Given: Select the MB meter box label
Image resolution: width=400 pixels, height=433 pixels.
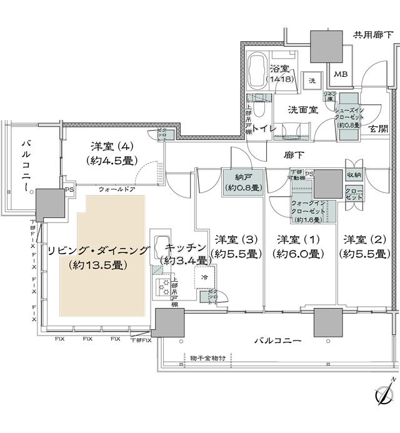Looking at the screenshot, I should pyautogui.click(x=340, y=75).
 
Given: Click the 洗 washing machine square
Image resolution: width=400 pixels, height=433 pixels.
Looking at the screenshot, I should pyautogui.click(x=311, y=81).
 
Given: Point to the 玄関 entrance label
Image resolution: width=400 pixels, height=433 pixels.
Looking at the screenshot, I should pyautogui.click(x=378, y=129).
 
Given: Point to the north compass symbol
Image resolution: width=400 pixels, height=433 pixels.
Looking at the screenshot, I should pyautogui.click(x=382, y=395).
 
